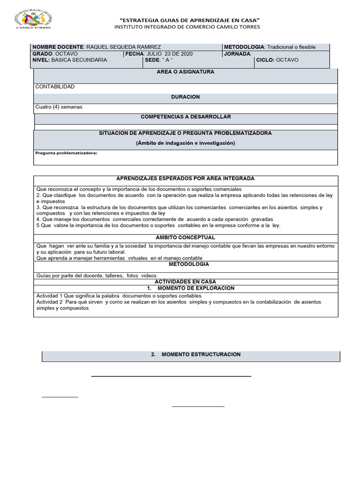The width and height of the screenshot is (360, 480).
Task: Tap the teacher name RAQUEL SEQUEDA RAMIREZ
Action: tap(124, 47)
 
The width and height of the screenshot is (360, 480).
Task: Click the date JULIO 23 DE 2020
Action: tap(169, 54)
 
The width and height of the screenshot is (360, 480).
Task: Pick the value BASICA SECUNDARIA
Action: tap(79, 60)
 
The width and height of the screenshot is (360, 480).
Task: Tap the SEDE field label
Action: tap(152, 60)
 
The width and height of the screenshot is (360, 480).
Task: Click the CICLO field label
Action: tap(265, 60)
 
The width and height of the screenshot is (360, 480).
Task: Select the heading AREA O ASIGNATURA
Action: tap(185, 72)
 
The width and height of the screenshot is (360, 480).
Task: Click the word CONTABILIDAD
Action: tap(55, 87)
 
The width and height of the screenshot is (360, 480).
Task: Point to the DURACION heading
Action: tap(185, 97)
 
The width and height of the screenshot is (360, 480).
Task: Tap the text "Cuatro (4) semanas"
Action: tap(59, 107)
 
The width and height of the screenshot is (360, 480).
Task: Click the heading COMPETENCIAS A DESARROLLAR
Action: tap(186, 117)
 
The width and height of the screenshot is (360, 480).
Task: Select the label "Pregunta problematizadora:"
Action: tap(66, 153)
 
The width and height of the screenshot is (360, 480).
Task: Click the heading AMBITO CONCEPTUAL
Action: tap(185, 238)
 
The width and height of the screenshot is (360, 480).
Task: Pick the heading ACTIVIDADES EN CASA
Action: tap(185, 281)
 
